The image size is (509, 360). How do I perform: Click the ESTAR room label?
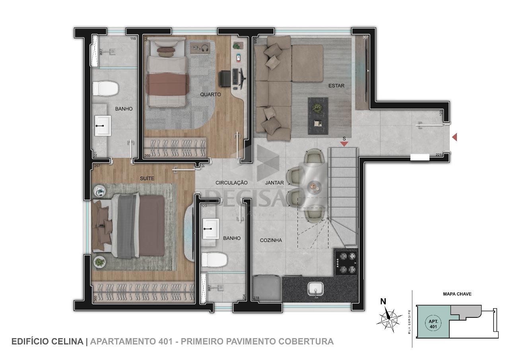point(336,86)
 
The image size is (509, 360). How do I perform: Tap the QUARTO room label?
point(210,95)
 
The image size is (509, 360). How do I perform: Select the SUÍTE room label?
point(147,179)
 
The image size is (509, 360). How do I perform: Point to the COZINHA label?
point(271,240)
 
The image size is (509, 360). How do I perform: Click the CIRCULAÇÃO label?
point(231,183)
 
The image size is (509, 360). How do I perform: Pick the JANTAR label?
point(274,183)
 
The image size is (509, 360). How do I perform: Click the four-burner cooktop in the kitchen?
point(346,263)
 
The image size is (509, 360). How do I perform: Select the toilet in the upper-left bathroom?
point(105,88)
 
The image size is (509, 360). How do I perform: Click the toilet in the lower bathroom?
point(214,260)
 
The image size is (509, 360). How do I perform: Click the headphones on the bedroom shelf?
point(205,48)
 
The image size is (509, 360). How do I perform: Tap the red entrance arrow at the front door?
point(455,137)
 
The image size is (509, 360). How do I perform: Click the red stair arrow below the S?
point(344,144)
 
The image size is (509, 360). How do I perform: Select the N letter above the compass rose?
point(383,302)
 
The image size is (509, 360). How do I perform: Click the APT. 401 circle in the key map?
point(433,324)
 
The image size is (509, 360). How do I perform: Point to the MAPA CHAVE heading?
point(457,294)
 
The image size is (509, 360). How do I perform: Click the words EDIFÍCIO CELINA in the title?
point(47,341)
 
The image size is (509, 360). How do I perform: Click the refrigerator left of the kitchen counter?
point(267,288)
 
